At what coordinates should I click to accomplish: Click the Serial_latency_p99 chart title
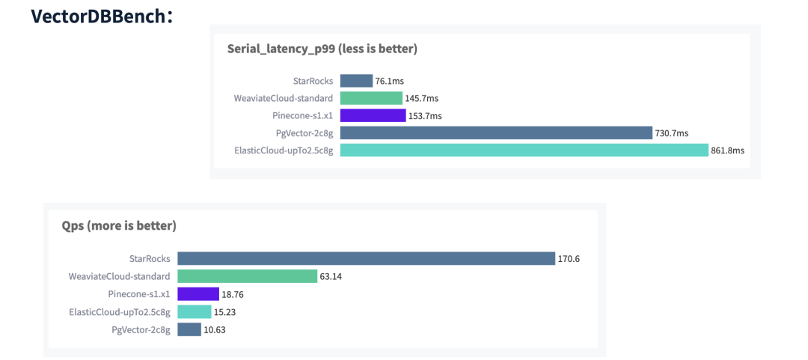click(x=322, y=49)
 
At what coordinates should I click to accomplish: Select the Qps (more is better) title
click(x=119, y=225)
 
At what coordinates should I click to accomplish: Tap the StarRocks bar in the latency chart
click(x=356, y=81)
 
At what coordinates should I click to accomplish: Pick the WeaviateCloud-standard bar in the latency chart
click(x=371, y=98)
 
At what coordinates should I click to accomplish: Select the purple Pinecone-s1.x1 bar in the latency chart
click(x=373, y=115)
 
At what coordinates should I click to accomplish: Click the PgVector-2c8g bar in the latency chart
click(x=496, y=133)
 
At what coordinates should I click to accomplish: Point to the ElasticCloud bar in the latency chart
click(x=524, y=150)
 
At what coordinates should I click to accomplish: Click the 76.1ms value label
click(x=390, y=81)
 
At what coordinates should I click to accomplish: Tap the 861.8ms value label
click(x=728, y=150)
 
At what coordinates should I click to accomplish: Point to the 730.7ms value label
click(x=672, y=133)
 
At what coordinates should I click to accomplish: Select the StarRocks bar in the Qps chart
click(x=366, y=259)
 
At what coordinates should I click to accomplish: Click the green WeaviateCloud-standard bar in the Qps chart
click(x=247, y=276)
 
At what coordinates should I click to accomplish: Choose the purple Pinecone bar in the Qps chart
click(x=198, y=294)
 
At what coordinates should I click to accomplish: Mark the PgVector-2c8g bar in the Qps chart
click(x=189, y=329)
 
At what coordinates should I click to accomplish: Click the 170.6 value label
click(x=569, y=259)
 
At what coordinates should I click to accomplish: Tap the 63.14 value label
click(x=331, y=276)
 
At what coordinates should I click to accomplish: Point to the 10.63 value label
click(x=215, y=329)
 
